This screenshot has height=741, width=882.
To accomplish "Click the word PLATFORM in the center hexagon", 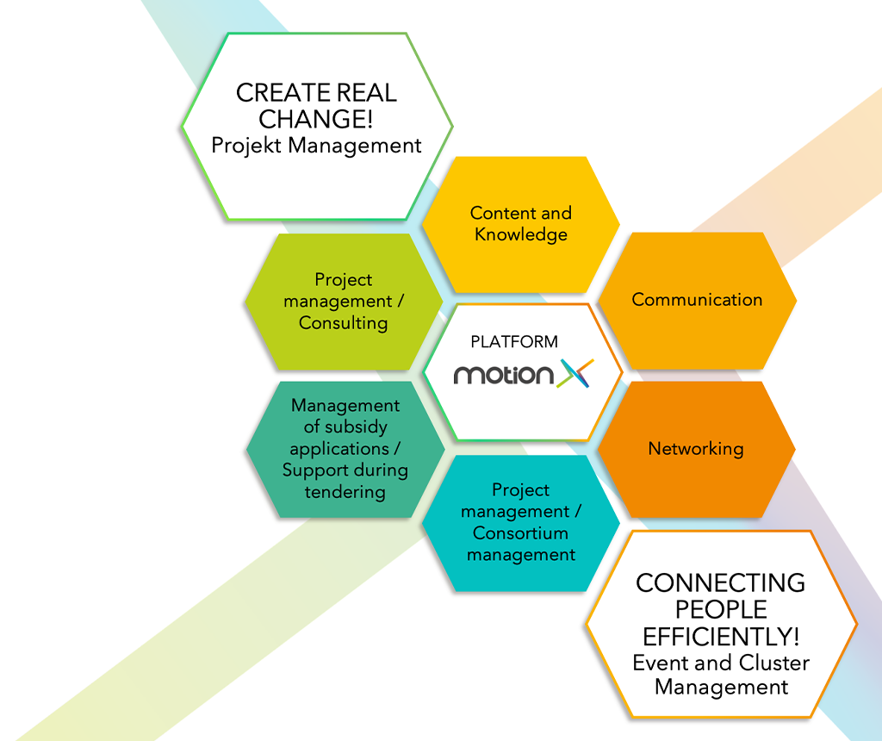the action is tap(514, 341).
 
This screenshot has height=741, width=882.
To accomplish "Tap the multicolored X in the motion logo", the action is tap(575, 373).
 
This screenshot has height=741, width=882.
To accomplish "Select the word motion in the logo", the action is tap(503, 375).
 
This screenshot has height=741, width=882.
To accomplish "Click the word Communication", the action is tap(697, 299).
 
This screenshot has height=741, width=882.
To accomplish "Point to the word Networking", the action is tap(696, 448).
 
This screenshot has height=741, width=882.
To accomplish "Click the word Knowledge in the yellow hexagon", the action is tap(521, 234).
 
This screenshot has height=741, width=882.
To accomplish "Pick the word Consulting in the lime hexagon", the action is tap(343, 323).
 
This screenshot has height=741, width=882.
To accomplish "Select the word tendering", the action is tap(345, 492).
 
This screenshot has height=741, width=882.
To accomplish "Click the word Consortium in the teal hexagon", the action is tap(520, 532).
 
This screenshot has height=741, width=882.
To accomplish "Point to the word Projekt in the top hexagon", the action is tap(246, 146).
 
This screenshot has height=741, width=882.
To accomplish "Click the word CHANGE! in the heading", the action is tap(315, 119).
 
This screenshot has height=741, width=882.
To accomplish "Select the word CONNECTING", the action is tap(721, 583).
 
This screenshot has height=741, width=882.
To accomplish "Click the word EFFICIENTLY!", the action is tap(721, 637).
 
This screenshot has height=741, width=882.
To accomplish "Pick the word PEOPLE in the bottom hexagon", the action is tap(721, 610).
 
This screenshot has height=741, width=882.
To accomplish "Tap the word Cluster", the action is tap(774, 663).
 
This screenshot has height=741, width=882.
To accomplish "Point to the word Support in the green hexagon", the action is tap(315, 470).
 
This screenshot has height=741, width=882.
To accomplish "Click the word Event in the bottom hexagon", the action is tap(661, 663).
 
